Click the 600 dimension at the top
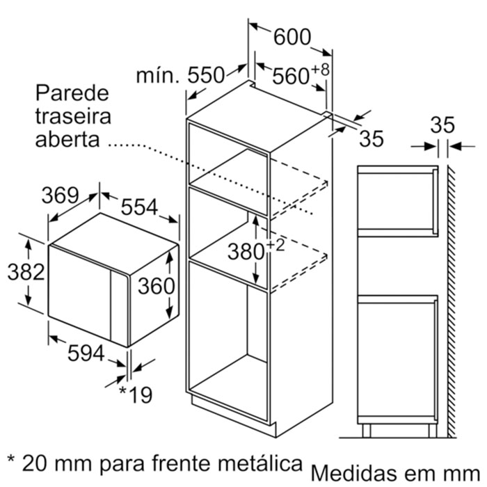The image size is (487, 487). point(292,38)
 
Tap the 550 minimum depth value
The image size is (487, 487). point(206,75)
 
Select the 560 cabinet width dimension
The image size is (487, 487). point(291,76)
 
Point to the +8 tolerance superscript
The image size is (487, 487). point(320,70)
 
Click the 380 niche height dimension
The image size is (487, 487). point(246,252)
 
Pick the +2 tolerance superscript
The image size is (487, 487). point(276,245)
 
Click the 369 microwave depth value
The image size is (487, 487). point(61,195)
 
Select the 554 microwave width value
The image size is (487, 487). point(139,207)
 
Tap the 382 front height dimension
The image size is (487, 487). point(26,272)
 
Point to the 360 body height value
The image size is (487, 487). point(157,286)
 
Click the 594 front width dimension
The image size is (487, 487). point(86,353)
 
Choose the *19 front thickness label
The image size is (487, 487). point(136,394)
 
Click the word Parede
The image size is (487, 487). point(72,93)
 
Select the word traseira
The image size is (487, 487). point(73,116)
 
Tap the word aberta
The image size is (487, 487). point(67,139)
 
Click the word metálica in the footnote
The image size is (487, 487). point(260,464)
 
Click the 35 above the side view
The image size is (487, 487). point(442,125)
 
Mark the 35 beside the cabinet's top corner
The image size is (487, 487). point(372,138)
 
